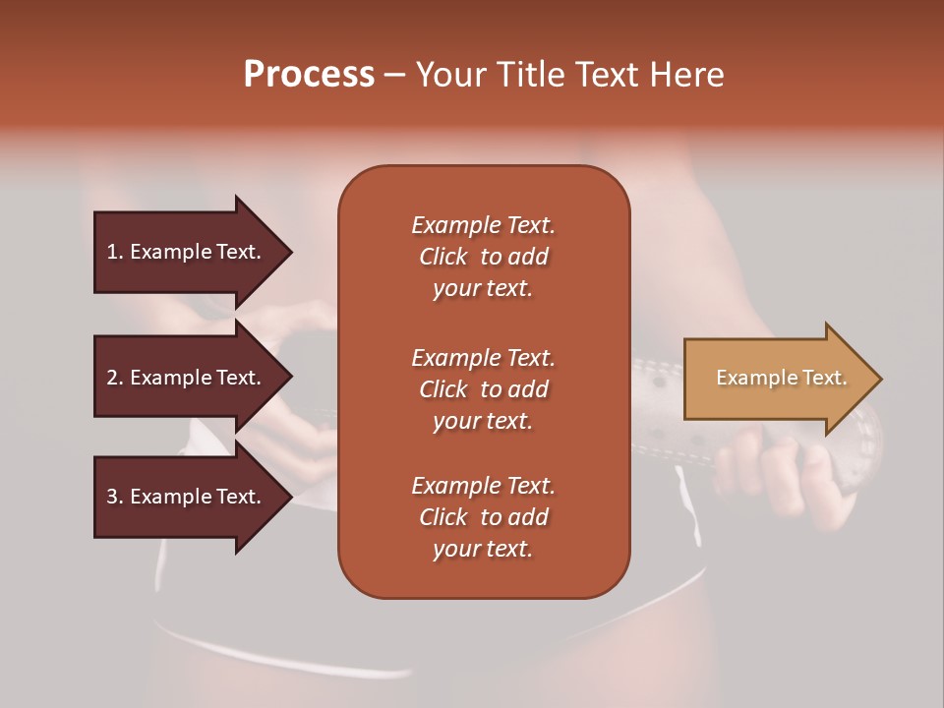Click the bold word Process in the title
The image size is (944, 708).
(309, 75)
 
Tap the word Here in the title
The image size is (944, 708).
(685, 75)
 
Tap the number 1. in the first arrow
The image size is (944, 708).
(115, 252)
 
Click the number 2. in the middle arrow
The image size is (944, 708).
(115, 378)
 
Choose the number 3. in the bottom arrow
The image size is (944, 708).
(115, 497)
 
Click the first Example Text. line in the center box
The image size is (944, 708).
(483, 225)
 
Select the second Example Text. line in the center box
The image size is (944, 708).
(483, 358)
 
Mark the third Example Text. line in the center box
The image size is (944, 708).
(483, 486)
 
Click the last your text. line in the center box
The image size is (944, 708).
(483, 549)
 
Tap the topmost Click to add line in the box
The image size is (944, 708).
(483, 257)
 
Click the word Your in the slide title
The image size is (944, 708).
(451, 75)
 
